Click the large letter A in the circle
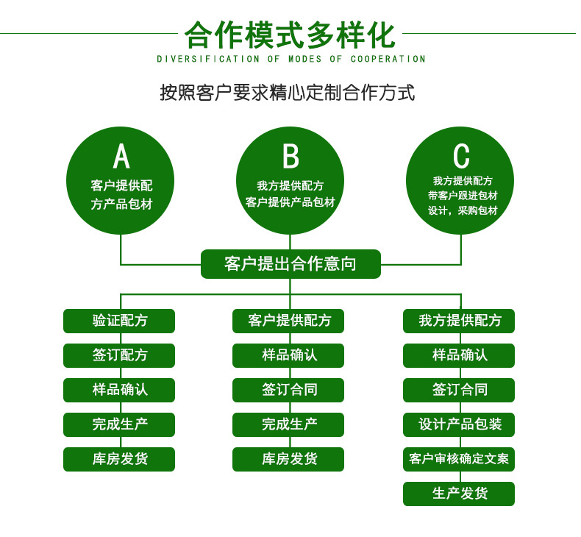(x=121, y=156)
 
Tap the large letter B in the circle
(x=290, y=156)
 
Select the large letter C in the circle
(x=461, y=156)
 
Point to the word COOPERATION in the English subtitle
(x=388, y=59)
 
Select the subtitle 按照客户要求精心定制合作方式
(x=288, y=93)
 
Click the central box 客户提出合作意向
(x=290, y=263)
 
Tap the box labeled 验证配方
(x=119, y=321)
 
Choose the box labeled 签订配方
(x=119, y=355)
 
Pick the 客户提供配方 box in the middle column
(x=288, y=321)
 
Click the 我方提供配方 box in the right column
(x=459, y=321)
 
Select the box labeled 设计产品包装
(x=459, y=424)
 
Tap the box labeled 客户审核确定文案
(x=459, y=459)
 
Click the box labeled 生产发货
(x=459, y=494)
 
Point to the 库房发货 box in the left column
(x=119, y=459)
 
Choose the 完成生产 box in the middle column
(x=288, y=424)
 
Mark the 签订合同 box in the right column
(x=459, y=390)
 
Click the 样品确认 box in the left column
(x=119, y=390)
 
